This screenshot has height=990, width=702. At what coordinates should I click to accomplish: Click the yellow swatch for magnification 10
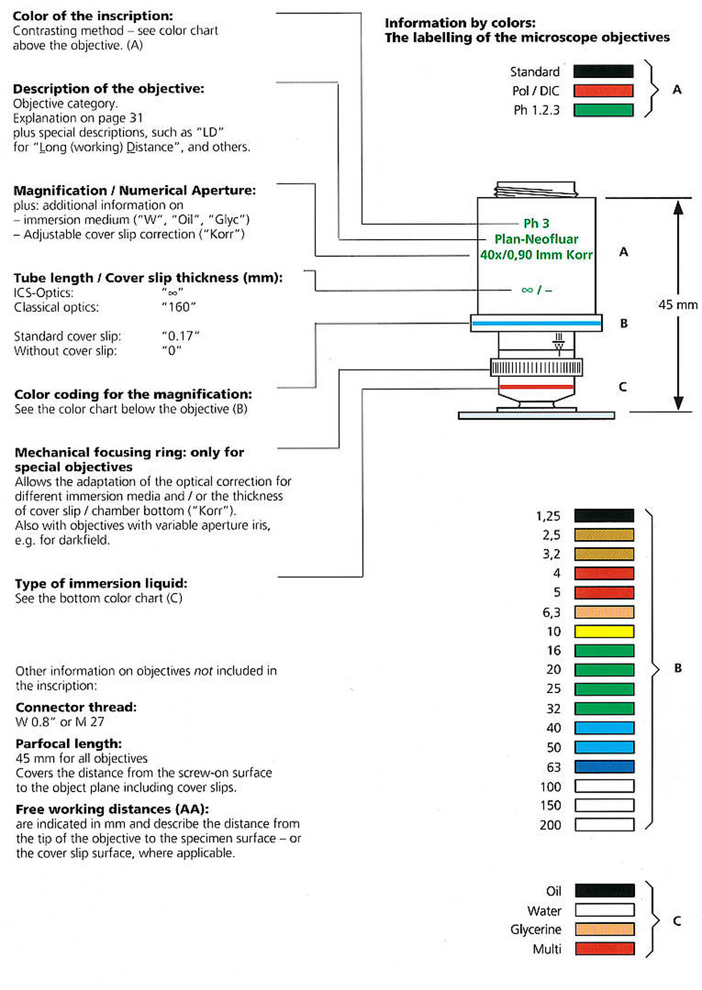[x=604, y=631]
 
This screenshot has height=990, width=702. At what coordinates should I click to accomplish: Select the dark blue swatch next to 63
[x=604, y=767]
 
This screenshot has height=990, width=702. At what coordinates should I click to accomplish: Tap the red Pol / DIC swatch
[x=603, y=91]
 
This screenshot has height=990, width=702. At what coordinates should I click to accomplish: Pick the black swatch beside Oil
[x=604, y=890]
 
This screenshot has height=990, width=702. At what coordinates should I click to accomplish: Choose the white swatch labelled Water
[x=604, y=910]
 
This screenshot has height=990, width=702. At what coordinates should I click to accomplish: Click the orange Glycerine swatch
[x=604, y=929]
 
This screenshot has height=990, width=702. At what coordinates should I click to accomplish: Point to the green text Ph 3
[x=536, y=223]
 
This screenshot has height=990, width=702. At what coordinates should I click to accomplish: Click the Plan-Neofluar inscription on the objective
[x=536, y=239]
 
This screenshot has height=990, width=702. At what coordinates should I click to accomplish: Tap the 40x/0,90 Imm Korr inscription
[x=536, y=255]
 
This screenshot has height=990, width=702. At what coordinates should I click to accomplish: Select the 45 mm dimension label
[x=678, y=305]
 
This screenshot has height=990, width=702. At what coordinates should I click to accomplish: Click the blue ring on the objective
[x=536, y=324]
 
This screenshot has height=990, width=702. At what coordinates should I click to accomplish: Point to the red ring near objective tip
[x=536, y=386]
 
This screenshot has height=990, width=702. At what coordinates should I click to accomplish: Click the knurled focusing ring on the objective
[x=536, y=368]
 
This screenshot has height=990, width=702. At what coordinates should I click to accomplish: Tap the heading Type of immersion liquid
[x=101, y=583]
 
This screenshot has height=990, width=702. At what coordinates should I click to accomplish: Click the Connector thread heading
[x=76, y=707]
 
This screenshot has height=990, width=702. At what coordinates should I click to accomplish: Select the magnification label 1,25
[x=548, y=516]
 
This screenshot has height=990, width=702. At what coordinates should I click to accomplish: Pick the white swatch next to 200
[x=604, y=824]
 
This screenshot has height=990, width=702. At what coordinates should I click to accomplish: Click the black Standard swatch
[x=603, y=71]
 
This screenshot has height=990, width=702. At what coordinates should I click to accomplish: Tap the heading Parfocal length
[x=69, y=744]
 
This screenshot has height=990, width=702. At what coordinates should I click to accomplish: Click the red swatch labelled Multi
[x=604, y=949]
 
